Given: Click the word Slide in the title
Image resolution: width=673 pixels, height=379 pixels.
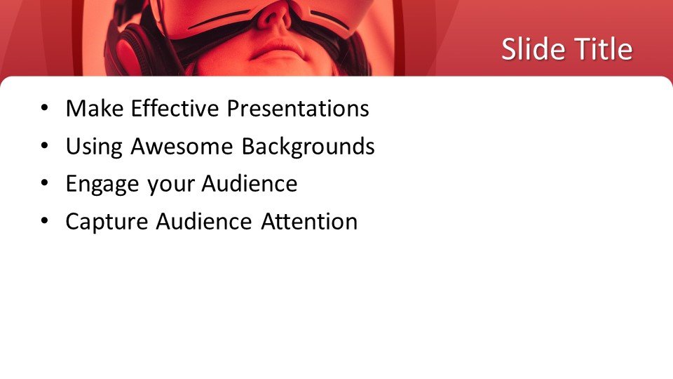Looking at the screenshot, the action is (x=533, y=48).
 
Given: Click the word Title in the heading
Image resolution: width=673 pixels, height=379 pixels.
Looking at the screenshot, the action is (x=604, y=48).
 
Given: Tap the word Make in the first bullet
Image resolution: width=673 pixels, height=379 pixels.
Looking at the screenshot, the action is (x=95, y=108).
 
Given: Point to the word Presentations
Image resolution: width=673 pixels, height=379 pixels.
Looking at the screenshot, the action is (x=298, y=108).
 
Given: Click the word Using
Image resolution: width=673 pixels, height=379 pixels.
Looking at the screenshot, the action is (x=95, y=147).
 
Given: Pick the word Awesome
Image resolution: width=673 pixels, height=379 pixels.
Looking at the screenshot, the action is (x=182, y=147).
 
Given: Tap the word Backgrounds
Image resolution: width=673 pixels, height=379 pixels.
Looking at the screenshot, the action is (x=308, y=147).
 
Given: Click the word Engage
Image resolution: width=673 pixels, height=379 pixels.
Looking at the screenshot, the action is (x=103, y=185).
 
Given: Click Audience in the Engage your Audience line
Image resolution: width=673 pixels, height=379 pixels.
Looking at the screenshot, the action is (x=250, y=184).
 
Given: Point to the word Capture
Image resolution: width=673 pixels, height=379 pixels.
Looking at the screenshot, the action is (x=107, y=222).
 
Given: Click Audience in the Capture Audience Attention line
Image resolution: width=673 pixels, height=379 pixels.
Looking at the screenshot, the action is (x=203, y=222).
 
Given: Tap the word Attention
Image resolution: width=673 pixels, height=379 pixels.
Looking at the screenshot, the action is (x=309, y=222).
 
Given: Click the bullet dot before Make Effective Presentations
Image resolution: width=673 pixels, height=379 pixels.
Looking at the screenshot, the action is (x=45, y=108).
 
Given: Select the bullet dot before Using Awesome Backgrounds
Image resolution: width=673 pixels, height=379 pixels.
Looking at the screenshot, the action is (x=45, y=146).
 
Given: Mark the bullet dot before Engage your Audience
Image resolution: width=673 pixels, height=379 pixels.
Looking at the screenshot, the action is (x=45, y=184).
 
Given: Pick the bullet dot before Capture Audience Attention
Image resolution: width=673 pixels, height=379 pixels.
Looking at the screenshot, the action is (x=45, y=222).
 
